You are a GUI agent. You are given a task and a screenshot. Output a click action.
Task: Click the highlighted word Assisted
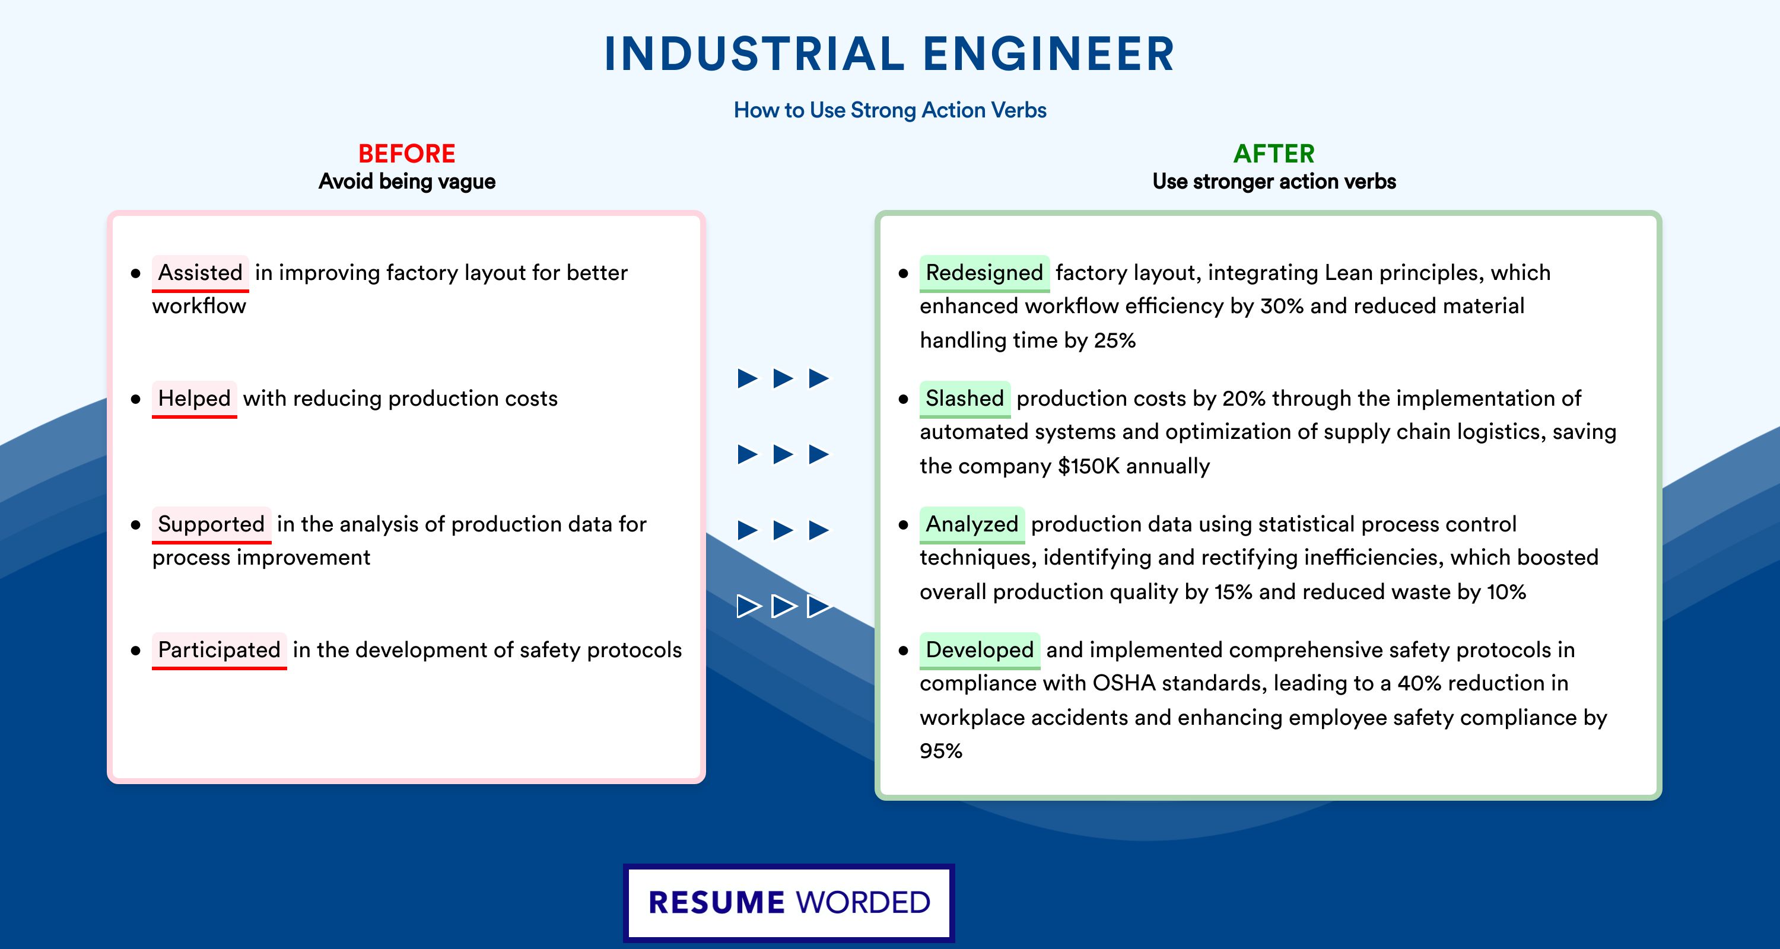tap(201, 273)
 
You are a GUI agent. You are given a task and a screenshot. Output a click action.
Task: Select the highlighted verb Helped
tap(194, 399)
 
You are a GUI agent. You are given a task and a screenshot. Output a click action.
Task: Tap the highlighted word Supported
tap(211, 524)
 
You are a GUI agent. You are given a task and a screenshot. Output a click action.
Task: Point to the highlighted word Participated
tap(219, 650)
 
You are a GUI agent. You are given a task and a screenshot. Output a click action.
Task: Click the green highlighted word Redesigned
tap(984, 273)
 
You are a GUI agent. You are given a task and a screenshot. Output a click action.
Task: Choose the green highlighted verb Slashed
tap(965, 399)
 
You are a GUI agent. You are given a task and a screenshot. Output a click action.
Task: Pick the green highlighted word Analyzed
tap(971, 524)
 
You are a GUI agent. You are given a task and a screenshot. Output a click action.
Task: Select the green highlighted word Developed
tap(979, 650)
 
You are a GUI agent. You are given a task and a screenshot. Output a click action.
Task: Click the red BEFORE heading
tap(407, 154)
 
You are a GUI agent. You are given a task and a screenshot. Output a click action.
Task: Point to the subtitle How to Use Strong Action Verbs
tap(890, 110)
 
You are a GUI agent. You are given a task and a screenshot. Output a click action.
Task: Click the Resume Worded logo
tap(789, 903)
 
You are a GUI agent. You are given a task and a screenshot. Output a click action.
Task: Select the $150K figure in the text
tap(1088, 466)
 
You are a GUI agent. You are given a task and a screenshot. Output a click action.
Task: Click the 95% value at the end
tap(941, 751)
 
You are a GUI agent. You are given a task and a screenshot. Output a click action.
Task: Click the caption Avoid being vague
tap(407, 181)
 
